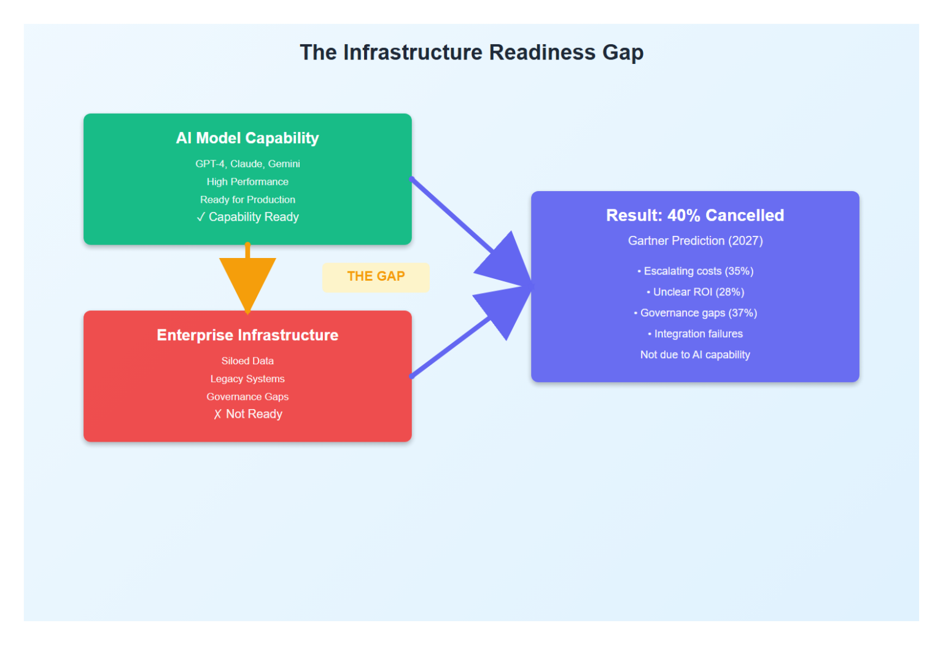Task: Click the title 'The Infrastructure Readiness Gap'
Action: pyautogui.click(x=471, y=53)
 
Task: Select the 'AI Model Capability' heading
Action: pyautogui.click(x=247, y=138)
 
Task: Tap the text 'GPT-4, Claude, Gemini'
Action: pyautogui.click(x=247, y=164)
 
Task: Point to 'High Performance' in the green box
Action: pyautogui.click(x=247, y=182)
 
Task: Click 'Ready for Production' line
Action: pyautogui.click(x=247, y=200)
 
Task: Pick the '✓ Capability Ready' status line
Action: pyautogui.click(x=247, y=217)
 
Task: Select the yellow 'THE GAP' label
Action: pyautogui.click(x=376, y=276)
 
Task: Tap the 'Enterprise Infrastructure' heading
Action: pyautogui.click(x=247, y=335)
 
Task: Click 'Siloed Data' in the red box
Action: pyautogui.click(x=247, y=361)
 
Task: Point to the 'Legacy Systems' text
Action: pyautogui.click(x=247, y=379)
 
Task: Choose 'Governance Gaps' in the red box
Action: pyautogui.click(x=247, y=397)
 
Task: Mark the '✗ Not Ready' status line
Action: pyautogui.click(x=247, y=414)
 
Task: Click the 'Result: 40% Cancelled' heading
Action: pyautogui.click(x=695, y=216)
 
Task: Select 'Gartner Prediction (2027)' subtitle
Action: pyautogui.click(x=695, y=241)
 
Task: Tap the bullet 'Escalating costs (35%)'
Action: pyautogui.click(x=696, y=272)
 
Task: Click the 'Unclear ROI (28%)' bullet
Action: pyautogui.click(x=696, y=292)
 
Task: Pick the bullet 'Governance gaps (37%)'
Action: pyautogui.click(x=696, y=313)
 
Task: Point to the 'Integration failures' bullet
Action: pyautogui.click(x=696, y=334)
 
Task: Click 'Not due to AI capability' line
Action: pyautogui.click(x=695, y=355)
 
